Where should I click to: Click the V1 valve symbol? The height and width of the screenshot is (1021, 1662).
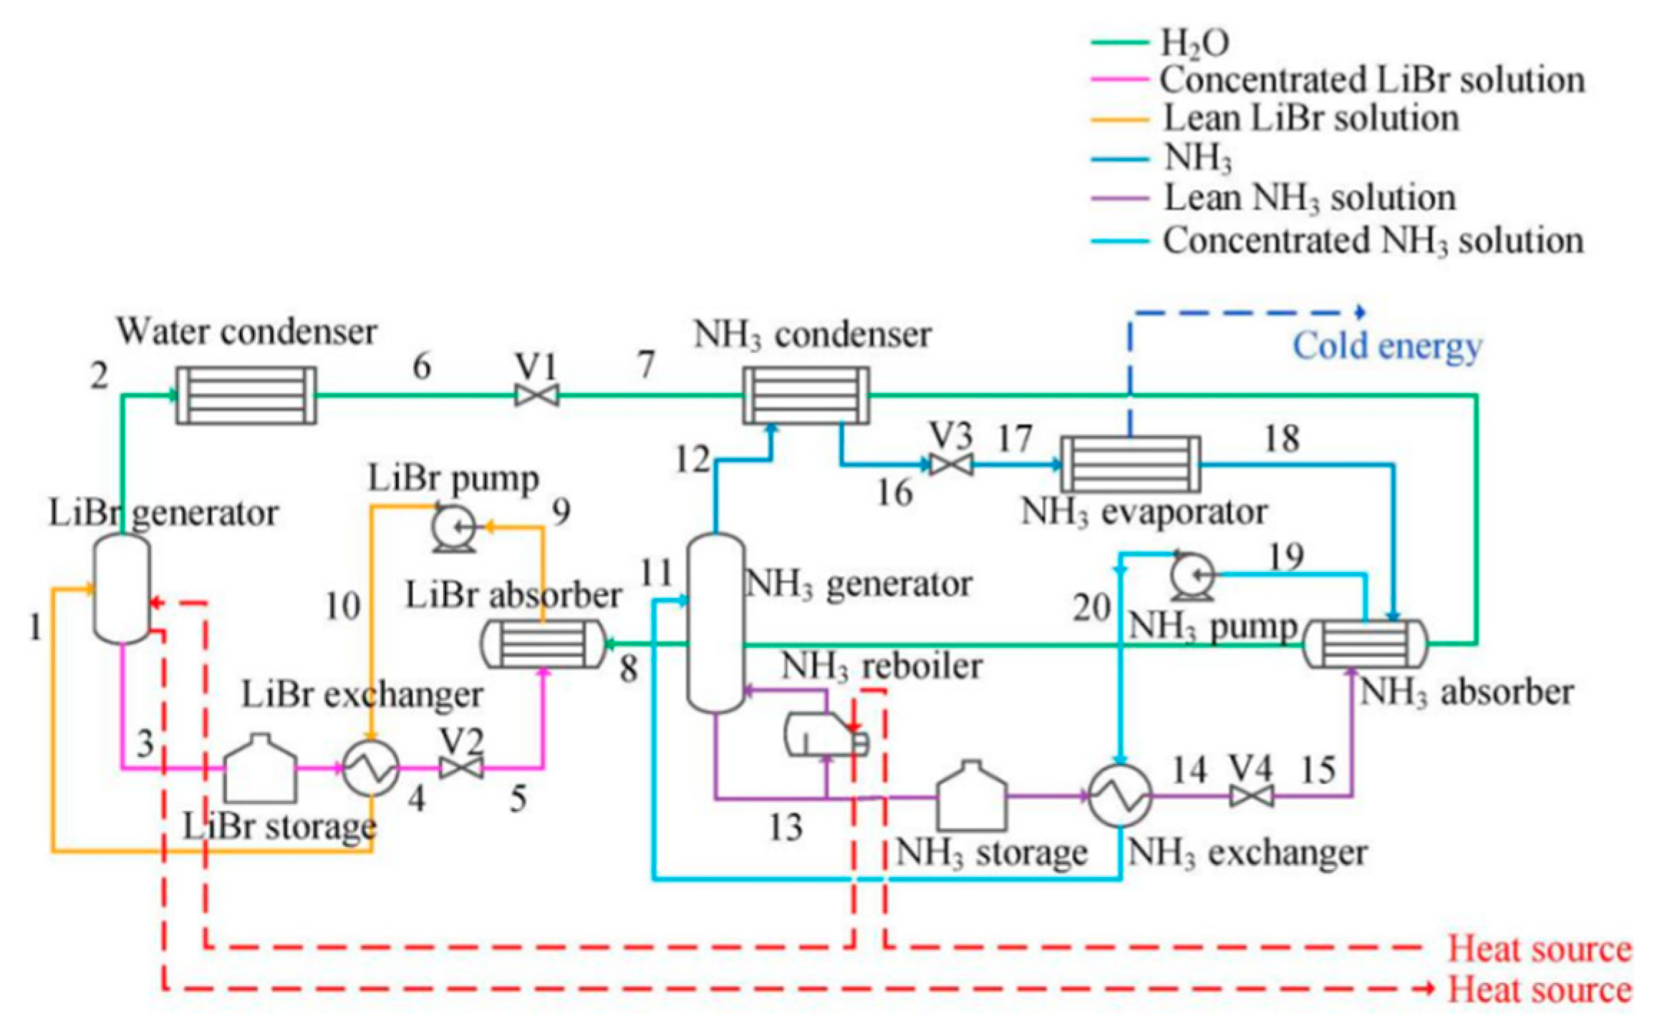537,395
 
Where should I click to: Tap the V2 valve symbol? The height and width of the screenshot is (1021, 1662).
461,769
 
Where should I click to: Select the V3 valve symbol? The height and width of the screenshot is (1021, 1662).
951,465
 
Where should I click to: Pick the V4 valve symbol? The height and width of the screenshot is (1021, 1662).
1251,795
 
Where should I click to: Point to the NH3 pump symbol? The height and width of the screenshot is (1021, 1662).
1192,577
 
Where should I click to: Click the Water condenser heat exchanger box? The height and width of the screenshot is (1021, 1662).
246,395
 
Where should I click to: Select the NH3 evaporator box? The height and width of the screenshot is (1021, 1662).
1130,464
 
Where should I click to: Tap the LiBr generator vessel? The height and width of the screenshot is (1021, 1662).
122,589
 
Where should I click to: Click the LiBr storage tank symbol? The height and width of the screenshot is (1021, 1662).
260,769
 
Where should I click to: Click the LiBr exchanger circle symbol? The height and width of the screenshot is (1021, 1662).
371,768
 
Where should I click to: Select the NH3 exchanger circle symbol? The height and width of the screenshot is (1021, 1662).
1120,795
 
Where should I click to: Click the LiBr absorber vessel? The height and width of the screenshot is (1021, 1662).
543,644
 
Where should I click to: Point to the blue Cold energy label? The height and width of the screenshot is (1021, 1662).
1387,347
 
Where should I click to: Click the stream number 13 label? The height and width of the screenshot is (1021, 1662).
786,828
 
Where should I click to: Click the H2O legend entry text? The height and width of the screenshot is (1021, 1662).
1194,43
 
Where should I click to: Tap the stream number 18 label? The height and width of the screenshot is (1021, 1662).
1282,438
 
